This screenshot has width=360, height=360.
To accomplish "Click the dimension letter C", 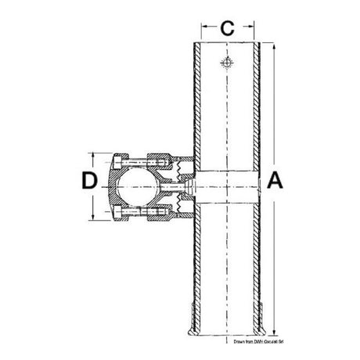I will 225,29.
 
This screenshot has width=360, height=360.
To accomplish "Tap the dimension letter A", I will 275,181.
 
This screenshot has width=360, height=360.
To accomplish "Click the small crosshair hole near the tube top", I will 226,65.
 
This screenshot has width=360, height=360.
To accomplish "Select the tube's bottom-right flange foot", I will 264,322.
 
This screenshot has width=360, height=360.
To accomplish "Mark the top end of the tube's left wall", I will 193,44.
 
